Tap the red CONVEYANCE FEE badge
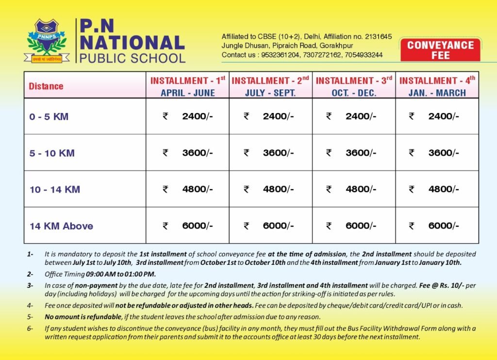(440, 50)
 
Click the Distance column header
(46, 86)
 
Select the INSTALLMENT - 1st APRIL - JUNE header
(188, 86)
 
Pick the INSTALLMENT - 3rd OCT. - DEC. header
(354, 86)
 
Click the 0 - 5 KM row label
(49, 117)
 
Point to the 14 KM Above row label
(61, 226)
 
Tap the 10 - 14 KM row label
(55, 190)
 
